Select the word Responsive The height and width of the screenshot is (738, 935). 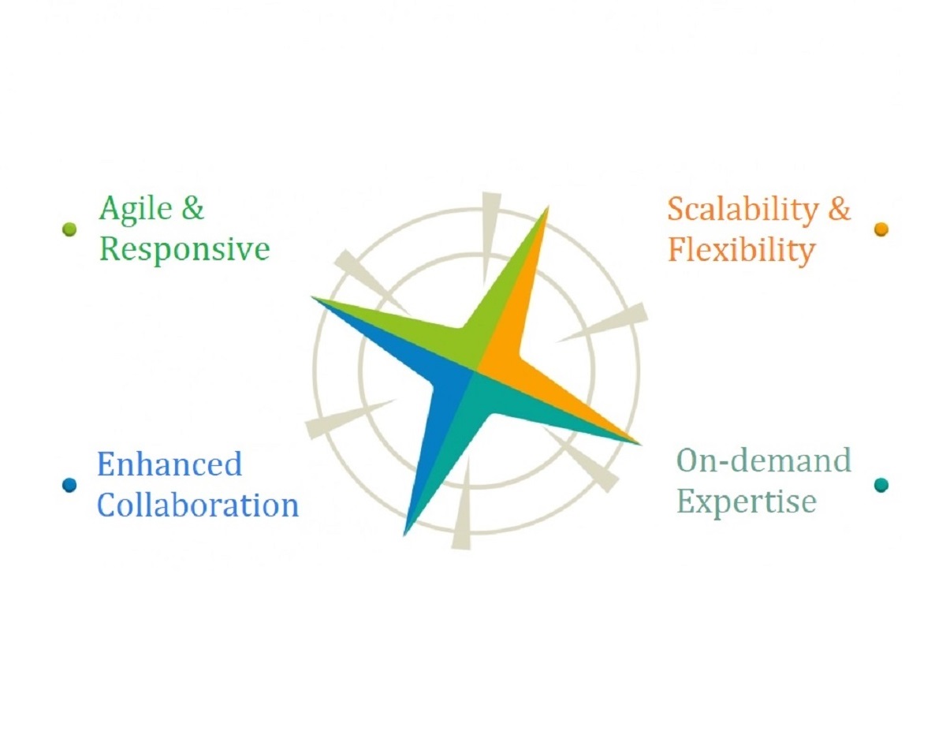click(184, 248)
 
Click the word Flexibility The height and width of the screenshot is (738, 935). click(741, 249)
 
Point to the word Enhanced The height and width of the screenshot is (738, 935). click(169, 464)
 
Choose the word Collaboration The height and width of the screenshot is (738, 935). click(197, 505)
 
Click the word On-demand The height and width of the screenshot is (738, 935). click(764, 460)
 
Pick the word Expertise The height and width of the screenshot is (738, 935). click(746, 501)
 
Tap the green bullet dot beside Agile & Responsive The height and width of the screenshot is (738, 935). click(69, 229)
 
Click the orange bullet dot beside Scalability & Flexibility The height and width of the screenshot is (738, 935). click(881, 229)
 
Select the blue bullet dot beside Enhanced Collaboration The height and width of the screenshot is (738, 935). click(69, 485)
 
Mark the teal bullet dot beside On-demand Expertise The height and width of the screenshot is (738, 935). click(881, 485)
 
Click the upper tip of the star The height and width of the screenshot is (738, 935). click(547, 207)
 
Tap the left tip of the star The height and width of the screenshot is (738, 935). click(312, 297)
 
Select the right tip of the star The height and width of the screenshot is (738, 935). click(640, 444)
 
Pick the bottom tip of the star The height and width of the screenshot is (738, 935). click(405, 535)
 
